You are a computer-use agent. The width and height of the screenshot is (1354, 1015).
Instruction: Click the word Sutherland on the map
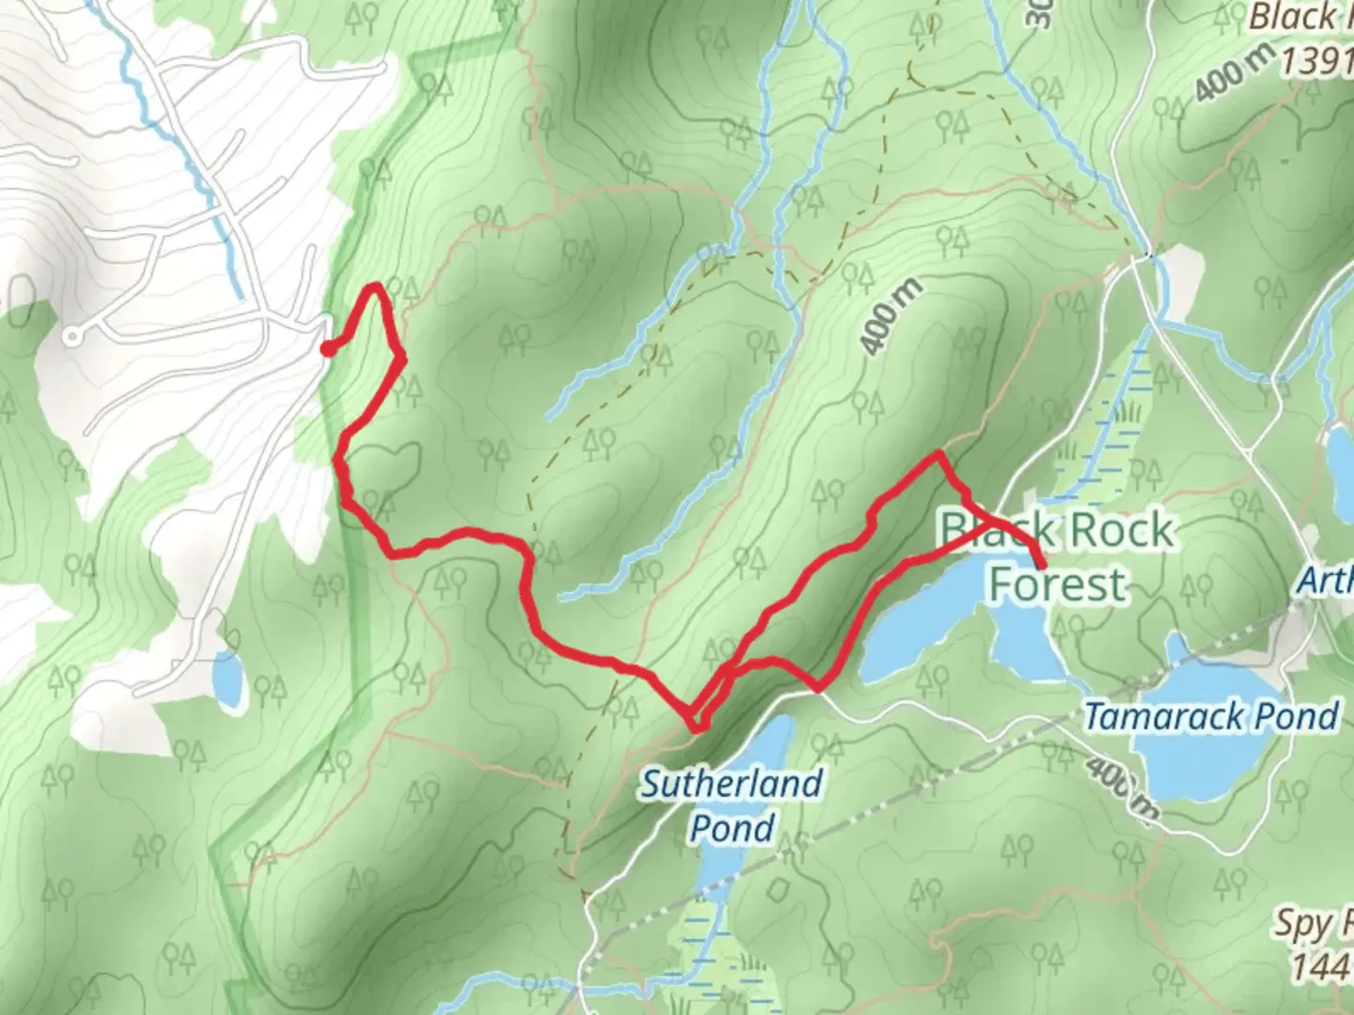pyautogui.click(x=732, y=783)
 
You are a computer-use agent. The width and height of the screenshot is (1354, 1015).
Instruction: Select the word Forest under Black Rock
pyautogui.click(x=1058, y=584)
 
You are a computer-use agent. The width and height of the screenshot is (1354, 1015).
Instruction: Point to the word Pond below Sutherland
pyautogui.click(x=732, y=828)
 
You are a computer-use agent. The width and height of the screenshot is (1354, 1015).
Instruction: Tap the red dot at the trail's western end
pyautogui.click(x=327, y=350)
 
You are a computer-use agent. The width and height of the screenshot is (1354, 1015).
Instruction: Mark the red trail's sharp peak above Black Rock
pyautogui.click(x=937, y=455)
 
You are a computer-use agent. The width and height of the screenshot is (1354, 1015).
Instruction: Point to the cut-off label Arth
pyautogui.click(x=1326, y=581)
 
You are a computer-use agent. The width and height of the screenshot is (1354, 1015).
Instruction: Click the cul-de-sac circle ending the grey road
pyautogui.click(x=71, y=335)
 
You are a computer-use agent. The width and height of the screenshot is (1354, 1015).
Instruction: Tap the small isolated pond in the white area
pyautogui.click(x=228, y=679)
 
